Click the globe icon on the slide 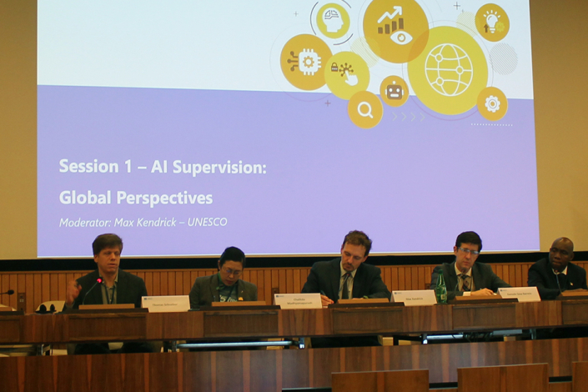point(448,70)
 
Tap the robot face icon point(394,90)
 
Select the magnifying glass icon point(365,109)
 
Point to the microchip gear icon point(307,62)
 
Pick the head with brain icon point(333,20)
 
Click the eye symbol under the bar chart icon point(400,38)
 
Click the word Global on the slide point(85,198)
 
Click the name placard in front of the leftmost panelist point(165,303)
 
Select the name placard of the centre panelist point(298,300)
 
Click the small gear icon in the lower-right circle point(492,103)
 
